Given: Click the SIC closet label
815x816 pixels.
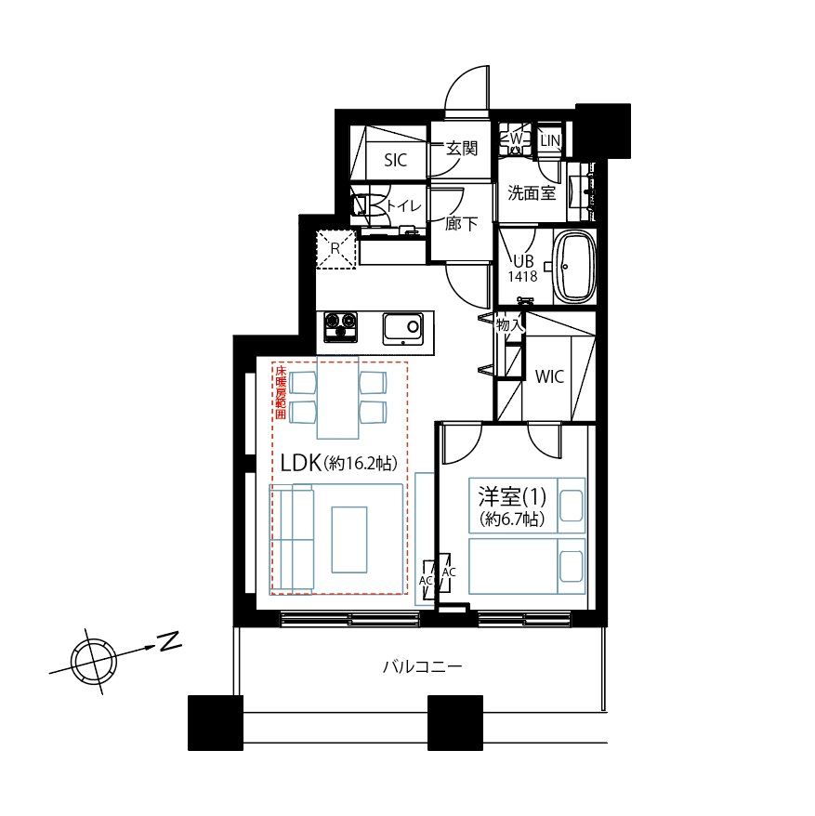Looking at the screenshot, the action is [396, 160].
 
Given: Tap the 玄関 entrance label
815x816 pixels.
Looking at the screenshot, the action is [462, 149].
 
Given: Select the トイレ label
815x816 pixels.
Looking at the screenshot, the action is [404, 205].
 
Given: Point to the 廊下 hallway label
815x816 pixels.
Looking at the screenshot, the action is [461, 224].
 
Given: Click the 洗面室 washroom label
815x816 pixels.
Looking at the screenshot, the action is [532, 193].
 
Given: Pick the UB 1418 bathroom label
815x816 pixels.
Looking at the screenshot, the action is [523, 268].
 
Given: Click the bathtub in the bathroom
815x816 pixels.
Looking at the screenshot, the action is [574, 267].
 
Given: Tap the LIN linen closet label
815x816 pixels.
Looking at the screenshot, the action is [550, 140].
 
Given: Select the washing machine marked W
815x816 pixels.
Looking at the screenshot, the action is [515, 139].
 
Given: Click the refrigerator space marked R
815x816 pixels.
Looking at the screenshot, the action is [335, 249].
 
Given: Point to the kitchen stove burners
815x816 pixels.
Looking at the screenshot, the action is [341, 327].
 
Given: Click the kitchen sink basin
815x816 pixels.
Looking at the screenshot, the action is [402, 328].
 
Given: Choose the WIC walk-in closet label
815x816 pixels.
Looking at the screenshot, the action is [549, 376].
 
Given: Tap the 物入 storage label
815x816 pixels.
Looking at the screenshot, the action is [509, 324].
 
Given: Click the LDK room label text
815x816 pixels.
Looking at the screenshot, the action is [339, 463].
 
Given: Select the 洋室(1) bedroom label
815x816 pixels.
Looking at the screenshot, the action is [512, 496].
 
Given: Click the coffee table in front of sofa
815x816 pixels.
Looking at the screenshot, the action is [349, 540].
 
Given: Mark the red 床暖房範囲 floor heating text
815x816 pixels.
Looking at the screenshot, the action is [281, 392].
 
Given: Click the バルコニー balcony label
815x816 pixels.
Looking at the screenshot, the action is [422, 666].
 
